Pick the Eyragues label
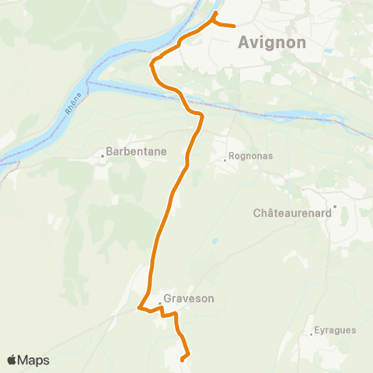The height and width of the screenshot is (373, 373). click(335, 329)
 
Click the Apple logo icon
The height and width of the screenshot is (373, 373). click(12, 360)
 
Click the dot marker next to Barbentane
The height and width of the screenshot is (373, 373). click(102, 155)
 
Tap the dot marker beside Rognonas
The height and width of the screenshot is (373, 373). click(225, 160)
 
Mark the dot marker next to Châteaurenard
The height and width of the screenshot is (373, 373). click(334, 207)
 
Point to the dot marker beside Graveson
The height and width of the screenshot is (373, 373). click(160, 302)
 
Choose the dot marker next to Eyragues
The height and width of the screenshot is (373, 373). click(312, 334)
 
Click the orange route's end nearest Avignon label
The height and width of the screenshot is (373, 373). click(234, 26)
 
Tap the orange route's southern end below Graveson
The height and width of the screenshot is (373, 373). click(182, 360)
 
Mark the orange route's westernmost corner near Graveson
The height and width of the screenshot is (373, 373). click(139, 308)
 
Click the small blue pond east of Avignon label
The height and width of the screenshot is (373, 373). click(329, 51)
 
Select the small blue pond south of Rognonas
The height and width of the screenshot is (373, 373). click(214, 241)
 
